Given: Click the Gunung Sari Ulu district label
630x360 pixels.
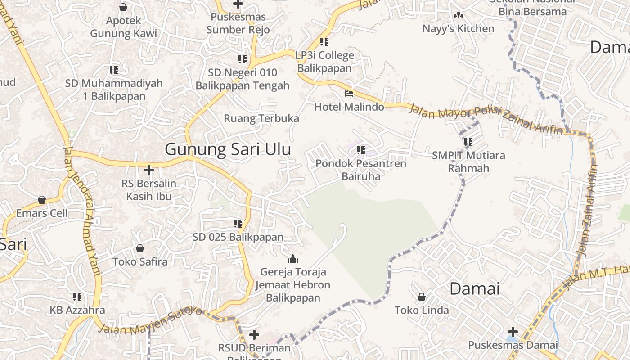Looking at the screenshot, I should [228, 149].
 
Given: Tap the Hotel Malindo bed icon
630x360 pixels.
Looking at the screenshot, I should [349, 94].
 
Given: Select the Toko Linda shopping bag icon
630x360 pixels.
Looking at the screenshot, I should [422, 297].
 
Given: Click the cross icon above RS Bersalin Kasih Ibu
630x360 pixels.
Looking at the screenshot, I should [149, 170].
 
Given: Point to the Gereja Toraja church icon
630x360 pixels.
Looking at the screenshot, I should [293, 259].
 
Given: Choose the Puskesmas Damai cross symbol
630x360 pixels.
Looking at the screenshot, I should [513, 332].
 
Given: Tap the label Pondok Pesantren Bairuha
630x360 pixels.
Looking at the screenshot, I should [360, 170].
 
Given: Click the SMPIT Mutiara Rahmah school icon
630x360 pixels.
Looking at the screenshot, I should [468, 142].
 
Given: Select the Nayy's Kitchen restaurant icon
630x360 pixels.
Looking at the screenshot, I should [458, 16].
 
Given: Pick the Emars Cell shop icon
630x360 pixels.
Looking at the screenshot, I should [42, 200].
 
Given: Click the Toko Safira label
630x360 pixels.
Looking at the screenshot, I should [140, 261].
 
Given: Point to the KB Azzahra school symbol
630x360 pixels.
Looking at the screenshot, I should [77, 297].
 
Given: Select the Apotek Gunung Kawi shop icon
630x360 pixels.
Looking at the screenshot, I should [123, 7].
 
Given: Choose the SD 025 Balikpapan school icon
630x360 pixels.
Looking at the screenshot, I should [238, 223].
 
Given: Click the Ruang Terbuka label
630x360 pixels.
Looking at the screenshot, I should [261, 118].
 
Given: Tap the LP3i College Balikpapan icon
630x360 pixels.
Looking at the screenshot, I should [324, 42].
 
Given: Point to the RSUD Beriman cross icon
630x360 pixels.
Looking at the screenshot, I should [254, 334].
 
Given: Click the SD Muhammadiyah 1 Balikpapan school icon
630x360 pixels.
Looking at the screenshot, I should [114, 70].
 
